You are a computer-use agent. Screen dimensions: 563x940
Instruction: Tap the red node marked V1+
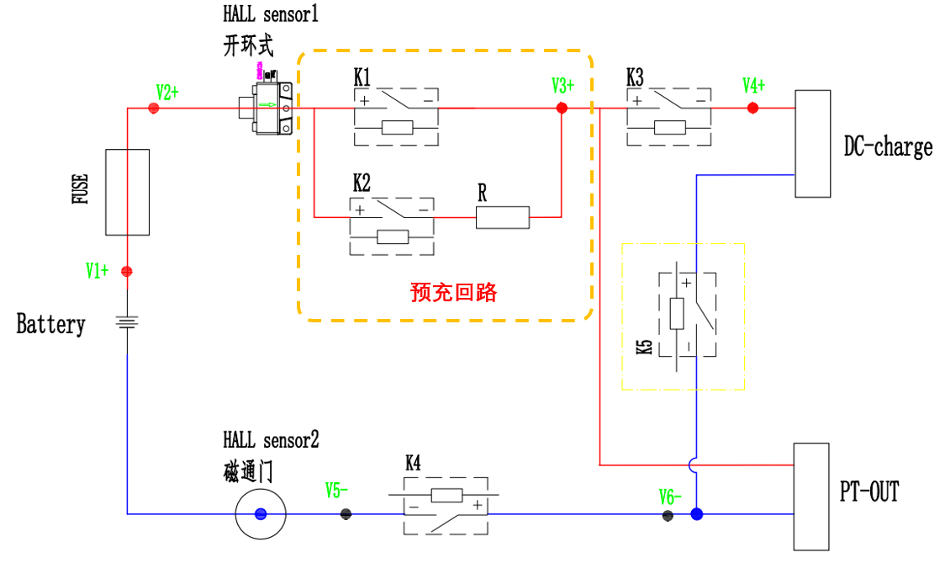pyautogui.click(x=127, y=271)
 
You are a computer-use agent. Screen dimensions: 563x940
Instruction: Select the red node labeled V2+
pyautogui.click(x=153, y=109)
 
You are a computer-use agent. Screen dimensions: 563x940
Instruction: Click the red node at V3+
pyautogui.click(x=562, y=109)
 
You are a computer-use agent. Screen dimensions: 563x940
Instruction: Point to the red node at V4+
pyautogui.click(x=753, y=109)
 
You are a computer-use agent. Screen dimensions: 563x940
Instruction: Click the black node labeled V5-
pyautogui.click(x=346, y=513)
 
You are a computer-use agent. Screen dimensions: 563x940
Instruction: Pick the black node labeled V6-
pyautogui.click(x=668, y=515)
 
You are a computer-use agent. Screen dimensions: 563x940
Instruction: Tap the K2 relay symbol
pyautogui.click(x=392, y=226)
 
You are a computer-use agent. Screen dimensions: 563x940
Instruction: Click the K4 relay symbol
pyautogui.click(x=446, y=506)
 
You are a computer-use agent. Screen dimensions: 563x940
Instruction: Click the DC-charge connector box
pyautogui.click(x=813, y=144)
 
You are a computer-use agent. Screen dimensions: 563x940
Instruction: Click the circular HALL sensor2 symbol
pyautogui.click(x=261, y=513)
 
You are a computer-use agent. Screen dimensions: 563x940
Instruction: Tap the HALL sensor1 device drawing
pyautogui.click(x=267, y=107)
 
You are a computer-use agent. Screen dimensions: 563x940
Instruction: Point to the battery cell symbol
pyautogui.click(x=127, y=322)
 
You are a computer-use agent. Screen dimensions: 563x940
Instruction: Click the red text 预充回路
pyautogui.click(x=453, y=292)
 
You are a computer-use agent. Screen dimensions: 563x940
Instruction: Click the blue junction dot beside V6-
pyautogui.click(x=696, y=513)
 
